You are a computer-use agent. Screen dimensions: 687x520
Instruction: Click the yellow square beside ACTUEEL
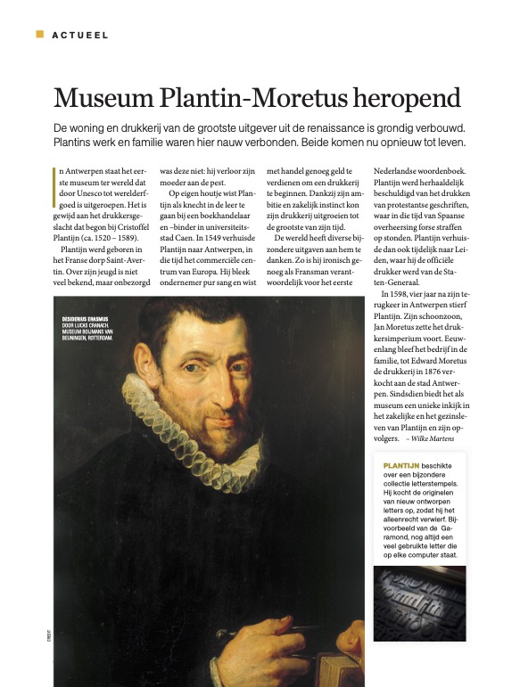(x=39, y=34)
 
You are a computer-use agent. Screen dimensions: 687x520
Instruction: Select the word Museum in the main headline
(x=106, y=98)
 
